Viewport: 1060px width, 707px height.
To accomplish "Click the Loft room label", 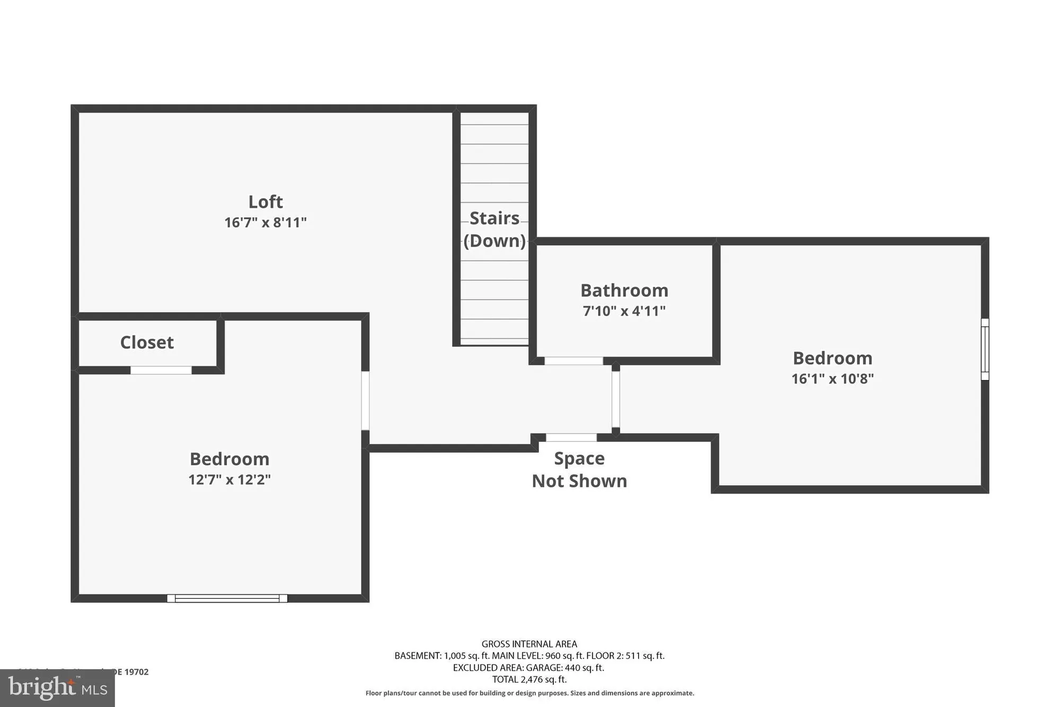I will (266, 202).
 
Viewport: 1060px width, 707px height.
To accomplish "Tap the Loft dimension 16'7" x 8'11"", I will (266, 222).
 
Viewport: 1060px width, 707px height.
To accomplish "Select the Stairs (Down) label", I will (494, 229).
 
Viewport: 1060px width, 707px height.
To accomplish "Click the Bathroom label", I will (624, 291).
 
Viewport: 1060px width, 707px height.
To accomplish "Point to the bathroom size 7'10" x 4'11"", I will (624, 311).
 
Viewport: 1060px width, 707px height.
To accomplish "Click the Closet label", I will (147, 343).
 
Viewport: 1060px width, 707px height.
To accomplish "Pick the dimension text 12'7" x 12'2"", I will (229, 479).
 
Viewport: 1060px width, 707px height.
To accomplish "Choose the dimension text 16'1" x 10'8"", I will (833, 379).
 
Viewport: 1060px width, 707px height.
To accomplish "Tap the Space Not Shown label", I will (579, 470).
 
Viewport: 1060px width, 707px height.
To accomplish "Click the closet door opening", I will (161, 370).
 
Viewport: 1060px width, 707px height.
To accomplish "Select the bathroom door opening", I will (573, 361).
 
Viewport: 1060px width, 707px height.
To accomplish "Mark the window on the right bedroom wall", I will (985, 349).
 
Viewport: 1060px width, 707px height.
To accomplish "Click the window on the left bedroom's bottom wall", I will (227, 598).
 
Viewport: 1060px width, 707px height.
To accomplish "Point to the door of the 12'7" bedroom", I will (365, 400).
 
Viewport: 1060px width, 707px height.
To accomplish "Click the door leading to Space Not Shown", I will (571, 438).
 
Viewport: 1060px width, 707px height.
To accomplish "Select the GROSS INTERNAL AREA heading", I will (529, 644).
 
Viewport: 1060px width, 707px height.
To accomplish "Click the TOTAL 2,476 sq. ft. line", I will (529, 679).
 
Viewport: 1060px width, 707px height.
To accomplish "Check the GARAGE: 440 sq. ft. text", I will (565, 668).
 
